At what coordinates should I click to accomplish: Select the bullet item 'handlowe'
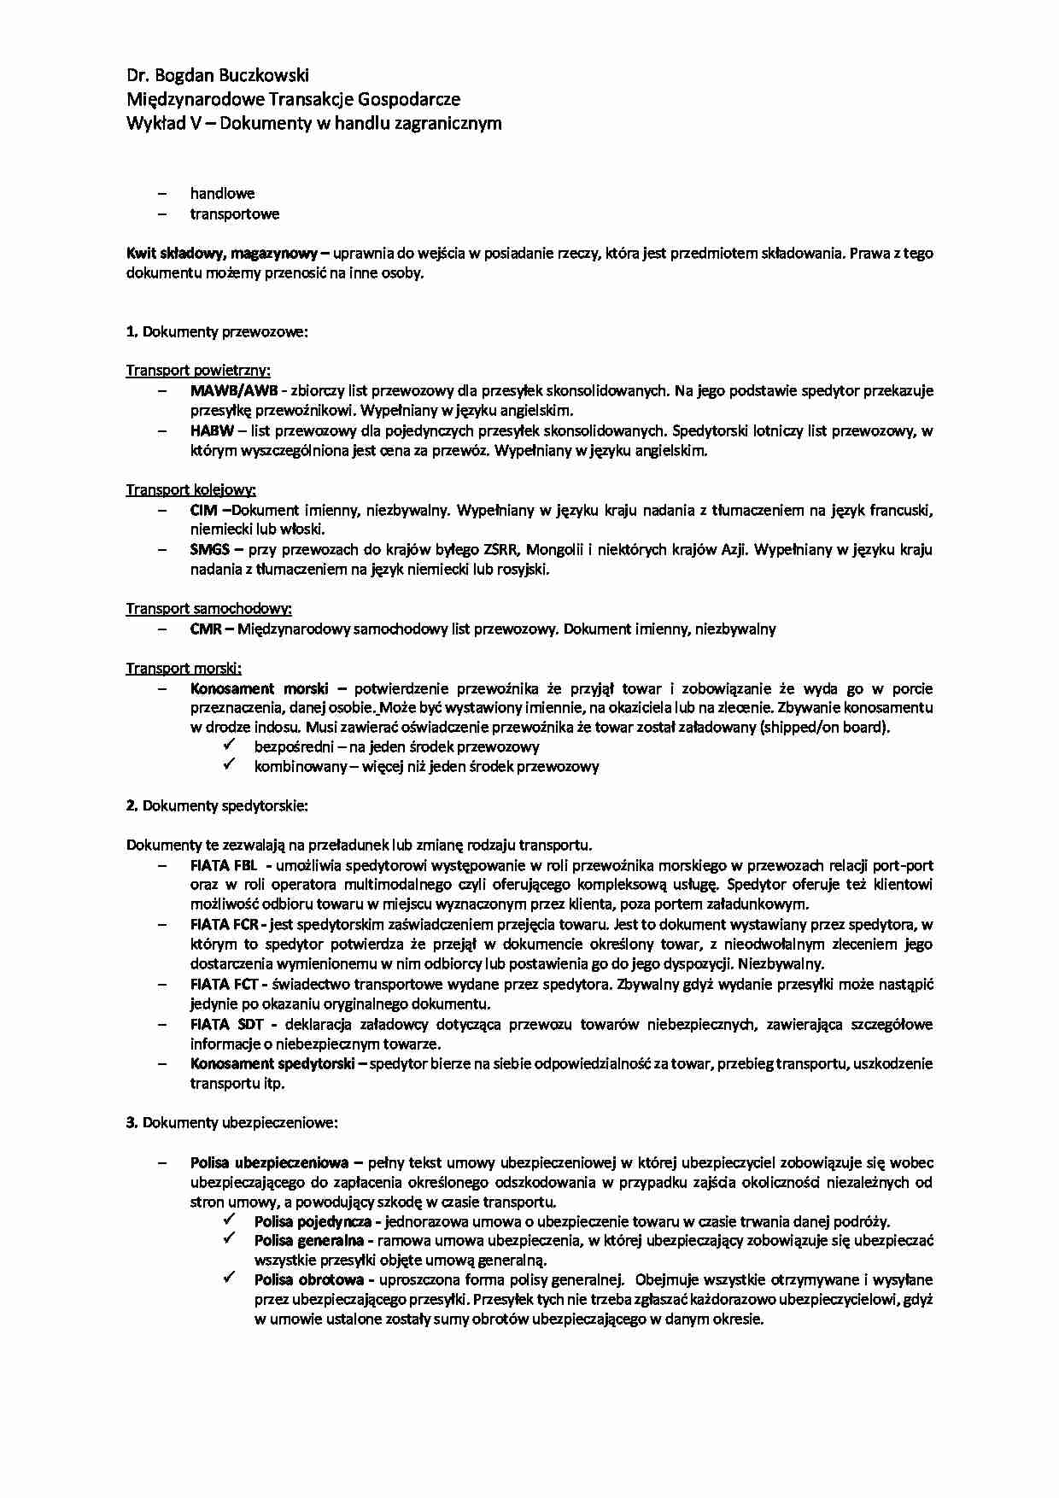(x=222, y=194)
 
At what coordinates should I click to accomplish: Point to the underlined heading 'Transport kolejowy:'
(x=191, y=490)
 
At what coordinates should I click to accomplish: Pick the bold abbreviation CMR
(x=206, y=629)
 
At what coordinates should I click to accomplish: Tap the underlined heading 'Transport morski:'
(x=184, y=669)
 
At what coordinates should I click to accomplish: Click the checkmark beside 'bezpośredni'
(x=229, y=746)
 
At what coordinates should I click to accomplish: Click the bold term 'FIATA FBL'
(x=224, y=864)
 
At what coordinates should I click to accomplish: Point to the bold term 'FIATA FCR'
(x=225, y=924)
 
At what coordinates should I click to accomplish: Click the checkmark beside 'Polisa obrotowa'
(x=229, y=1279)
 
